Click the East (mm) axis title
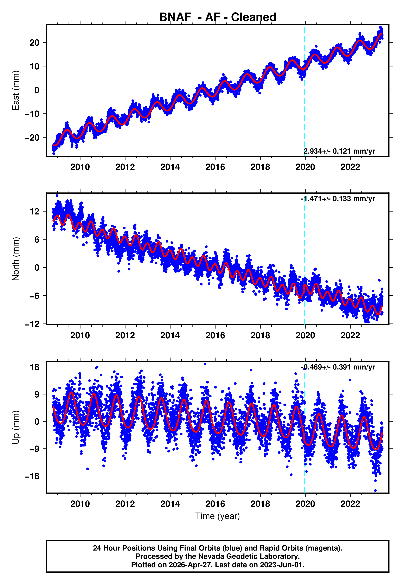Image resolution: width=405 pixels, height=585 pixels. [16, 90]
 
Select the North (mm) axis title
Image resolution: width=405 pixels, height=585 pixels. [16, 259]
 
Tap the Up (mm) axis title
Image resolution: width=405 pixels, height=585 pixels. [16, 427]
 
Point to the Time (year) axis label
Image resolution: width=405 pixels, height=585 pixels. [218, 516]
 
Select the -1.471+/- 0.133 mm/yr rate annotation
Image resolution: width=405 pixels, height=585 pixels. [338, 199]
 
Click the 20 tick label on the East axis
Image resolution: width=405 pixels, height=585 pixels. [34, 43]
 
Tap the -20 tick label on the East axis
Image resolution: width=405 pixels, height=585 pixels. [32, 138]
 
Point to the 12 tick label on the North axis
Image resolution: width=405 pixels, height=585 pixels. [34, 211]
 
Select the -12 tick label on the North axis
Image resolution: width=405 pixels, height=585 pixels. [32, 324]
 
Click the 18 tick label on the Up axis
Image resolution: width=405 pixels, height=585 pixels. [34, 367]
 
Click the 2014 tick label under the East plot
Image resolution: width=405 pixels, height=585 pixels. [170, 167]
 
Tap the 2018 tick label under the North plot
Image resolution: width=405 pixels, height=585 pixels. [260, 336]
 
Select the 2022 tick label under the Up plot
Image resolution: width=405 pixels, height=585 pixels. [350, 504]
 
